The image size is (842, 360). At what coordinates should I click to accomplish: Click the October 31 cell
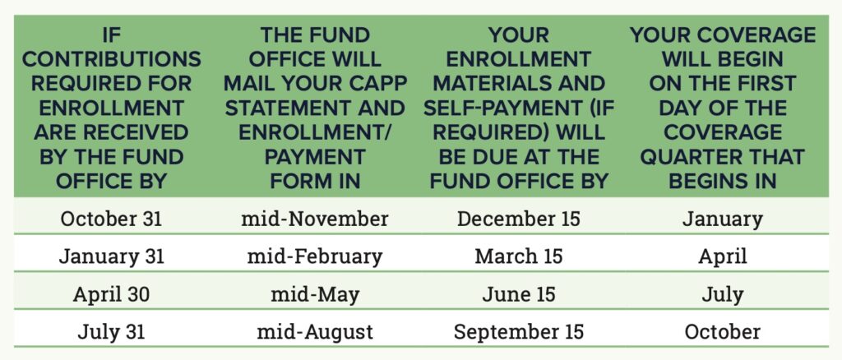(x=111, y=219)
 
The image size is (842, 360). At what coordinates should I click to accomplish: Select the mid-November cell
(x=314, y=219)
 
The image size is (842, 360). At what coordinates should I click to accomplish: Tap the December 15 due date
(x=518, y=219)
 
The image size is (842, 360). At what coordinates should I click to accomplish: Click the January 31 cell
(x=111, y=256)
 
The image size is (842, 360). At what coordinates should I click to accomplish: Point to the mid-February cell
(x=314, y=257)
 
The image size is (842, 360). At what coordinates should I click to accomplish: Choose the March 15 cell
(x=518, y=256)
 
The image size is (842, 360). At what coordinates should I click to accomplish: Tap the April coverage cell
(x=722, y=257)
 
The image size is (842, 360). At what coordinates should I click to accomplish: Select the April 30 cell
(x=111, y=294)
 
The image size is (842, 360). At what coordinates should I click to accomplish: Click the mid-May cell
(x=314, y=294)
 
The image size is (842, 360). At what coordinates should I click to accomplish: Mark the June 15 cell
(x=518, y=294)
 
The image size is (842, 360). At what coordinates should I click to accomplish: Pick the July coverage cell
(x=722, y=294)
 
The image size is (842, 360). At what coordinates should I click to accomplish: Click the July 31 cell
(x=111, y=331)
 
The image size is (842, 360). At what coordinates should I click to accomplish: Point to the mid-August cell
(x=314, y=332)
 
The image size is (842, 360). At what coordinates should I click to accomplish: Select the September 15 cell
(x=518, y=332)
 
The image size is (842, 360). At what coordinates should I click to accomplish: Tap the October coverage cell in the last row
(x=722, y=331)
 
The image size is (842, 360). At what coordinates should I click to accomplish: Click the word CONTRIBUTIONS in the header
(x=111, y=59)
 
